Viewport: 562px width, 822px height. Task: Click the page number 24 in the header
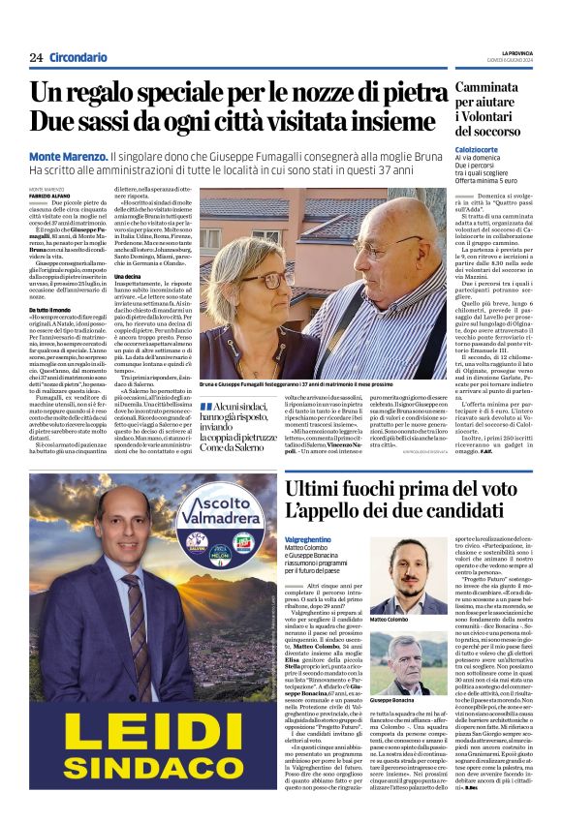[x=36, y=57]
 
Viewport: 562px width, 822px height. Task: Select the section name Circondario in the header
[x=78, y=57]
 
